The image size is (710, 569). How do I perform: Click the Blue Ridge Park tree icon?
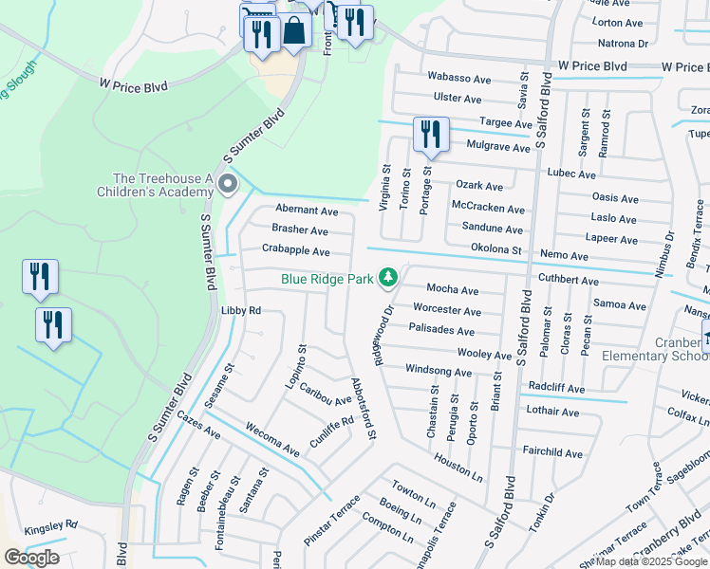point(387,278)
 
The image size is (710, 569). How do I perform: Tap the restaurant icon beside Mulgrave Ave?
point(431,134)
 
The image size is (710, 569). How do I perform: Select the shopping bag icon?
point(295,31)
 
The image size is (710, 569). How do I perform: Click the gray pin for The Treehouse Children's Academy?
point(227,184)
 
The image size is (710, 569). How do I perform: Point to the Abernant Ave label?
point(307,210)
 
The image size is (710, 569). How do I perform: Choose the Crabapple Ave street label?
point(295,251)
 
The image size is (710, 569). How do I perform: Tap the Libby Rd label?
point(240,310)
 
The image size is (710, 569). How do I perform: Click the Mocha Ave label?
point(452,289)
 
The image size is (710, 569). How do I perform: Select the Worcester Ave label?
point(447,310)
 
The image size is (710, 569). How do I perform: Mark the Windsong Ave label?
point(438,372)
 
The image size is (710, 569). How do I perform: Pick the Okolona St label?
point(496,249)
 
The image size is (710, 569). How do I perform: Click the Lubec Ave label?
point(571,174)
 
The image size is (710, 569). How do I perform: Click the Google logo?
point(31,558)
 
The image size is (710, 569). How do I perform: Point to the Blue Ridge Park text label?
point(325,279)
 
